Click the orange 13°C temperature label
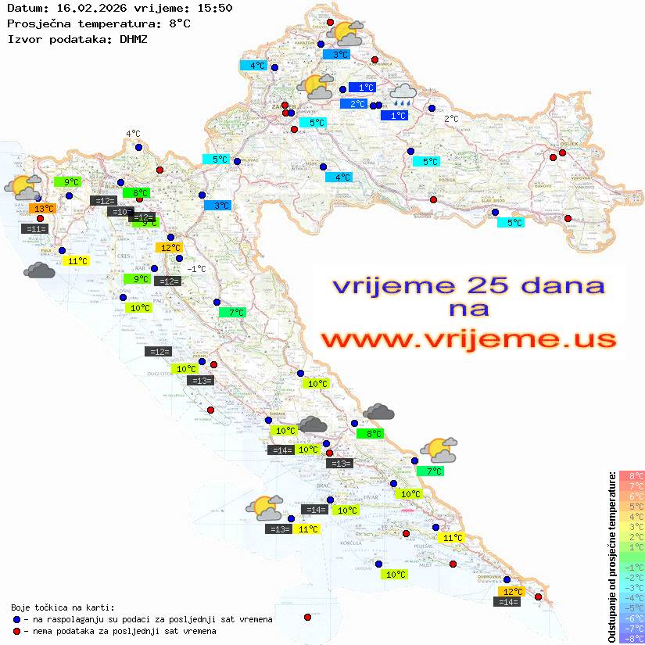43,208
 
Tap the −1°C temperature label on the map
197,269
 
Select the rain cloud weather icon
403,96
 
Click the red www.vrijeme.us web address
468,339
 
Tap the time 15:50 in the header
214,8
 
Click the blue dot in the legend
17,619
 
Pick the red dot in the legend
17,631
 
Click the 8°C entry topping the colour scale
631,476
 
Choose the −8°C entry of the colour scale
631,638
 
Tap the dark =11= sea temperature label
35,229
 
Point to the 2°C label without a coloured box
451,119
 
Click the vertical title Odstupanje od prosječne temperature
611,556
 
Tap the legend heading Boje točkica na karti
63,607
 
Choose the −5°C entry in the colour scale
631,607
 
